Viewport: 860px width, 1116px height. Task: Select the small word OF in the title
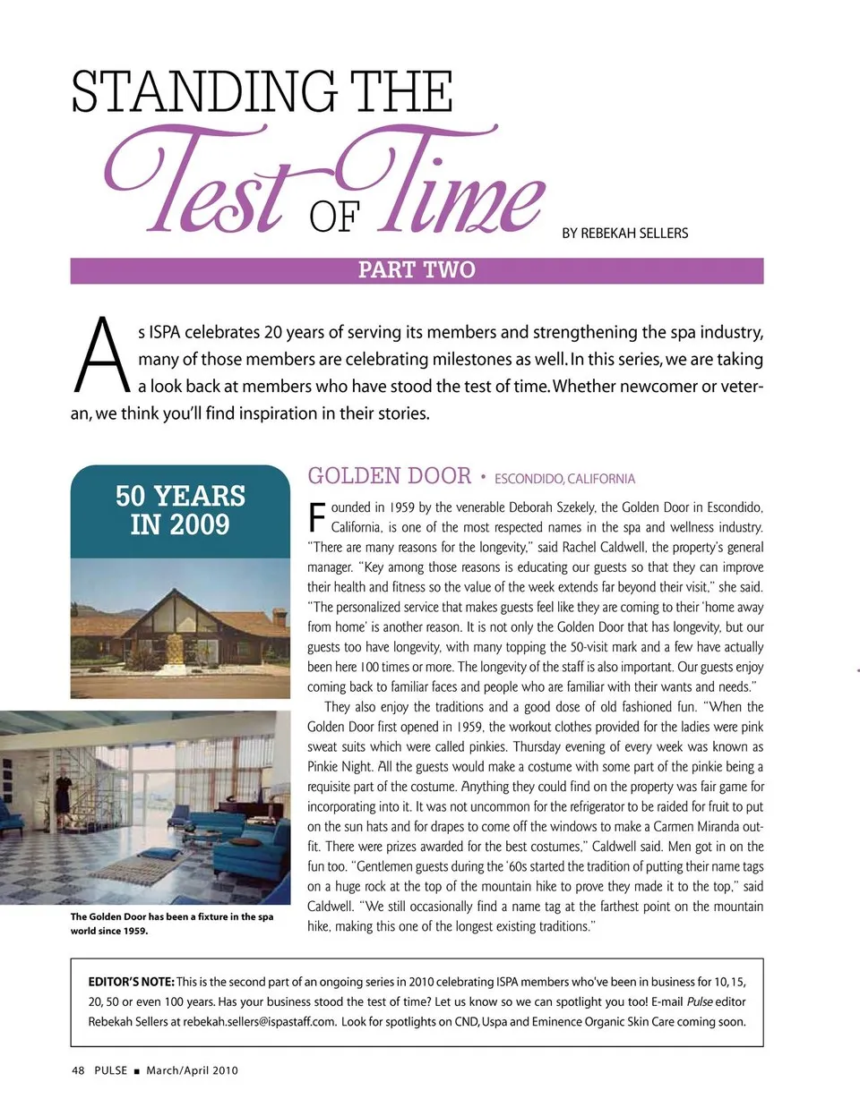pos(334,217)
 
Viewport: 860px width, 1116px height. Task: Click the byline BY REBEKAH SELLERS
pos(625,234)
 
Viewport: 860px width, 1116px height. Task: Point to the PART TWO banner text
pos(417,270)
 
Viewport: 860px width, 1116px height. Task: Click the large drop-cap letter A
pos(101,356)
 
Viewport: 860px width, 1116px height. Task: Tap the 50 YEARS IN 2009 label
pos(180,510)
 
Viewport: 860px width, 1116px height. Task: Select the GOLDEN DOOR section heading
pos(389,476)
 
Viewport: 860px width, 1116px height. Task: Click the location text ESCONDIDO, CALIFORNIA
pos(564,479)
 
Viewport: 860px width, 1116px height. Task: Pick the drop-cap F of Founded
pos(316,517)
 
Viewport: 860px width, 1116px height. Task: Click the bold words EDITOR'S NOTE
pos(131,982)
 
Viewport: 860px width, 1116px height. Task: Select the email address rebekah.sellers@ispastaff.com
pos(260,1021)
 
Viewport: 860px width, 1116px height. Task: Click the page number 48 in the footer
pos(78,1070)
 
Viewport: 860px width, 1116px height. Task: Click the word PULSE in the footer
pos(110,1070)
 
